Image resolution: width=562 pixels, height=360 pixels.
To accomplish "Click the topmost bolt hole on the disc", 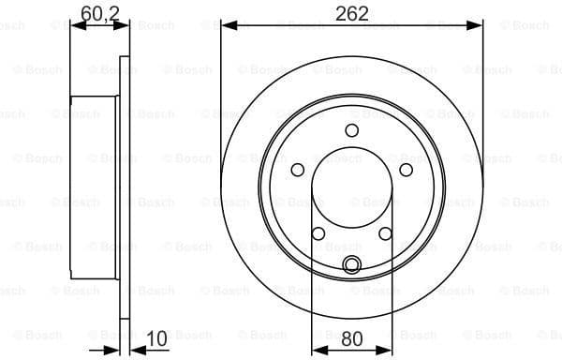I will (352, 130).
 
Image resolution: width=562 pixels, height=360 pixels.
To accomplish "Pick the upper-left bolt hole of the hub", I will (298, 170).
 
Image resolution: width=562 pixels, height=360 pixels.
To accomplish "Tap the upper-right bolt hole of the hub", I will (407, 170).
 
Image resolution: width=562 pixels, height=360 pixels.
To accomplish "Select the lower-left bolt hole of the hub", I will (318, 233).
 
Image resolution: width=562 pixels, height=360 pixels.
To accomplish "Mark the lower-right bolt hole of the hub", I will (386, 233).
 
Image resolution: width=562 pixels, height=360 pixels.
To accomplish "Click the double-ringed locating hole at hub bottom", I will (352, 264).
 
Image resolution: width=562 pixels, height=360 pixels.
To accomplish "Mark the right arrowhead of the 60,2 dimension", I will (124, 25).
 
